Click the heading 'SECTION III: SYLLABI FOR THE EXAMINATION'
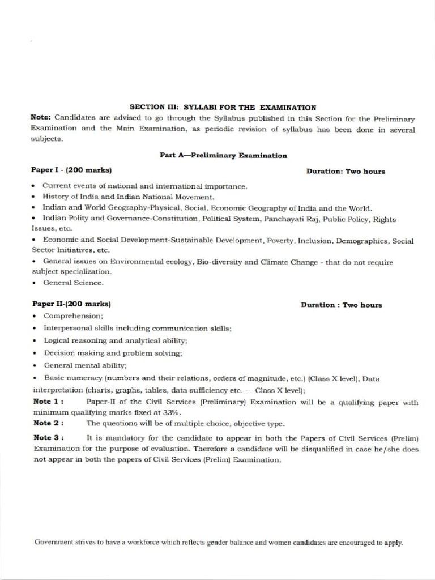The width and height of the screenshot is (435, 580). [x=223, y=107]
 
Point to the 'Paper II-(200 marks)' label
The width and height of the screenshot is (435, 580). [x=71, y=304]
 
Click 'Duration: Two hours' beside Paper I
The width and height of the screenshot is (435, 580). [x=346, y=171]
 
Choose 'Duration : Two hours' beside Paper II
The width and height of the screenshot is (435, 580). [x=341, y=305]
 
